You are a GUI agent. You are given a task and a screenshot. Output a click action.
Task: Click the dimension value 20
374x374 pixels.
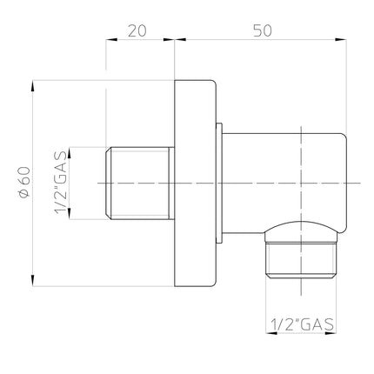point(137,30)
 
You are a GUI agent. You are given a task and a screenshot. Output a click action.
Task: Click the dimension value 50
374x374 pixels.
point(263,30)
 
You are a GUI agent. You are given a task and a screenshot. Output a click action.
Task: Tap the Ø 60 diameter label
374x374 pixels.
point(23,183)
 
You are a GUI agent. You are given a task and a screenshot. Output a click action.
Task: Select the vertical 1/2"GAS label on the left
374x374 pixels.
point(61,183)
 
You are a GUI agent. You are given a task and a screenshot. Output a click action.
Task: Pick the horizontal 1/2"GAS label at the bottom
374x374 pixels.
point(302,324)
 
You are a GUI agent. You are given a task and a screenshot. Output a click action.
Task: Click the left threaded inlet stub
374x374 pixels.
point(140,184)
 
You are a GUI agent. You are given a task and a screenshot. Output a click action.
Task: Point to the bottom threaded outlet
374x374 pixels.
point(302,260)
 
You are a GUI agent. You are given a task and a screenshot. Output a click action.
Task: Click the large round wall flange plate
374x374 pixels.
point(196,184)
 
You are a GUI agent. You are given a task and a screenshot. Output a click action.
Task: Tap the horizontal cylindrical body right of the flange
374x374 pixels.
point(284,184)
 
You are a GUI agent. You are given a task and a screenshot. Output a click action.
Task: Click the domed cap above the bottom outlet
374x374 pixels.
point(302,231)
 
